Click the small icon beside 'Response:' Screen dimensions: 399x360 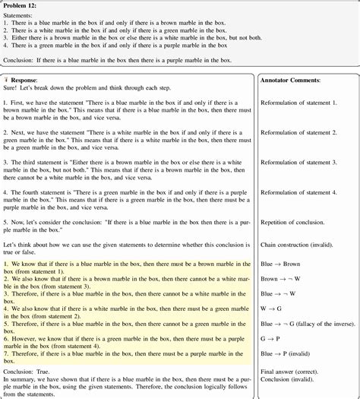[7, 79]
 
